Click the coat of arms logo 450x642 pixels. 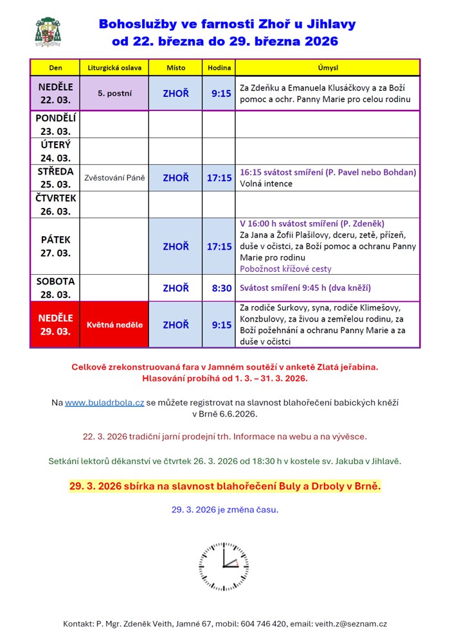click(48, 32)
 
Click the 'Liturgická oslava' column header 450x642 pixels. click(114, 67)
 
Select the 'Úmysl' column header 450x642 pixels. click(328, 67)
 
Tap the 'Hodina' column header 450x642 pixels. click(219, 67)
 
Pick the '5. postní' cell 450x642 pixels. click(114, 93)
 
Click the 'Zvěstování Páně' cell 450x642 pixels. click(114, 178)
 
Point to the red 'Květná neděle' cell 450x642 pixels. click(114, 325)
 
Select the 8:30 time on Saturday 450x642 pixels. click(221, 288)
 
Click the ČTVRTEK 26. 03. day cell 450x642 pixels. click(55, 205)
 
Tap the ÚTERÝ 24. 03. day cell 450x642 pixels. click(55, 152)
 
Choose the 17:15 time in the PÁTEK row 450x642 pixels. click(219, 247)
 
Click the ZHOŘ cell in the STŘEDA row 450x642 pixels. click(175, 178)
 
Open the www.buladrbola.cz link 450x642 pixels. click(104, 403)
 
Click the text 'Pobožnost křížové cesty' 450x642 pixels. click(285, 268)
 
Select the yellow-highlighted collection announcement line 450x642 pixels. click(225, 486)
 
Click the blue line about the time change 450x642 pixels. click(225, 510)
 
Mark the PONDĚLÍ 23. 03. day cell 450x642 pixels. click(55, 125)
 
